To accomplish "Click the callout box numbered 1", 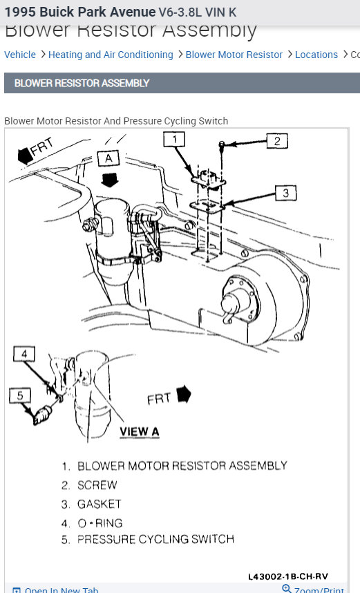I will pyautogui.click(x=175, y=140).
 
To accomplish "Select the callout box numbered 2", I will pyautogui.click(x=276, y=142).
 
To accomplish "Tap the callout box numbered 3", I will pyautogui.click(x=286, y=194).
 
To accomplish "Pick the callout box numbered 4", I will pyautogui.click(x=24, y=355).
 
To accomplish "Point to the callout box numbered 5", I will pyautogui.click(x=20, y=396).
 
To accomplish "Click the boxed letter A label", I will pyautogui.click(x=108, y=158).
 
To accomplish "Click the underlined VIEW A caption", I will pyautogui.click(x=139, y=431).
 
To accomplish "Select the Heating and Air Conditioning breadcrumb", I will pyautogui.click(x=111, y=55).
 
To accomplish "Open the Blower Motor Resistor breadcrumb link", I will pyautogui.click(x=234, y=55).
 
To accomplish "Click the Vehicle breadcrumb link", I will pyautogui.click(x=20, y=55).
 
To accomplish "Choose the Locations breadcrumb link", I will pyautogui.click(x=316, y=55).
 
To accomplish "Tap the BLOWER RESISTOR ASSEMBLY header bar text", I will pyautogui.click(x=82, y=83).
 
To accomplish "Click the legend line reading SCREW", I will pyautogui.click(x=97, y=485).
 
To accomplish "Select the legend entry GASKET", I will pyautogui.click(x=99, y=504).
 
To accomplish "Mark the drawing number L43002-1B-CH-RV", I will pyautogui.click(x=288, y=576).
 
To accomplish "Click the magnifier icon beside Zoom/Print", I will pyautogui.click(x=287, y=589).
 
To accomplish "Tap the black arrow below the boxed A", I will pyautogui.click(x=108, y=181).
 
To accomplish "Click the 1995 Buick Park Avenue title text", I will pyautogui.click(x=79, y=12).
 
